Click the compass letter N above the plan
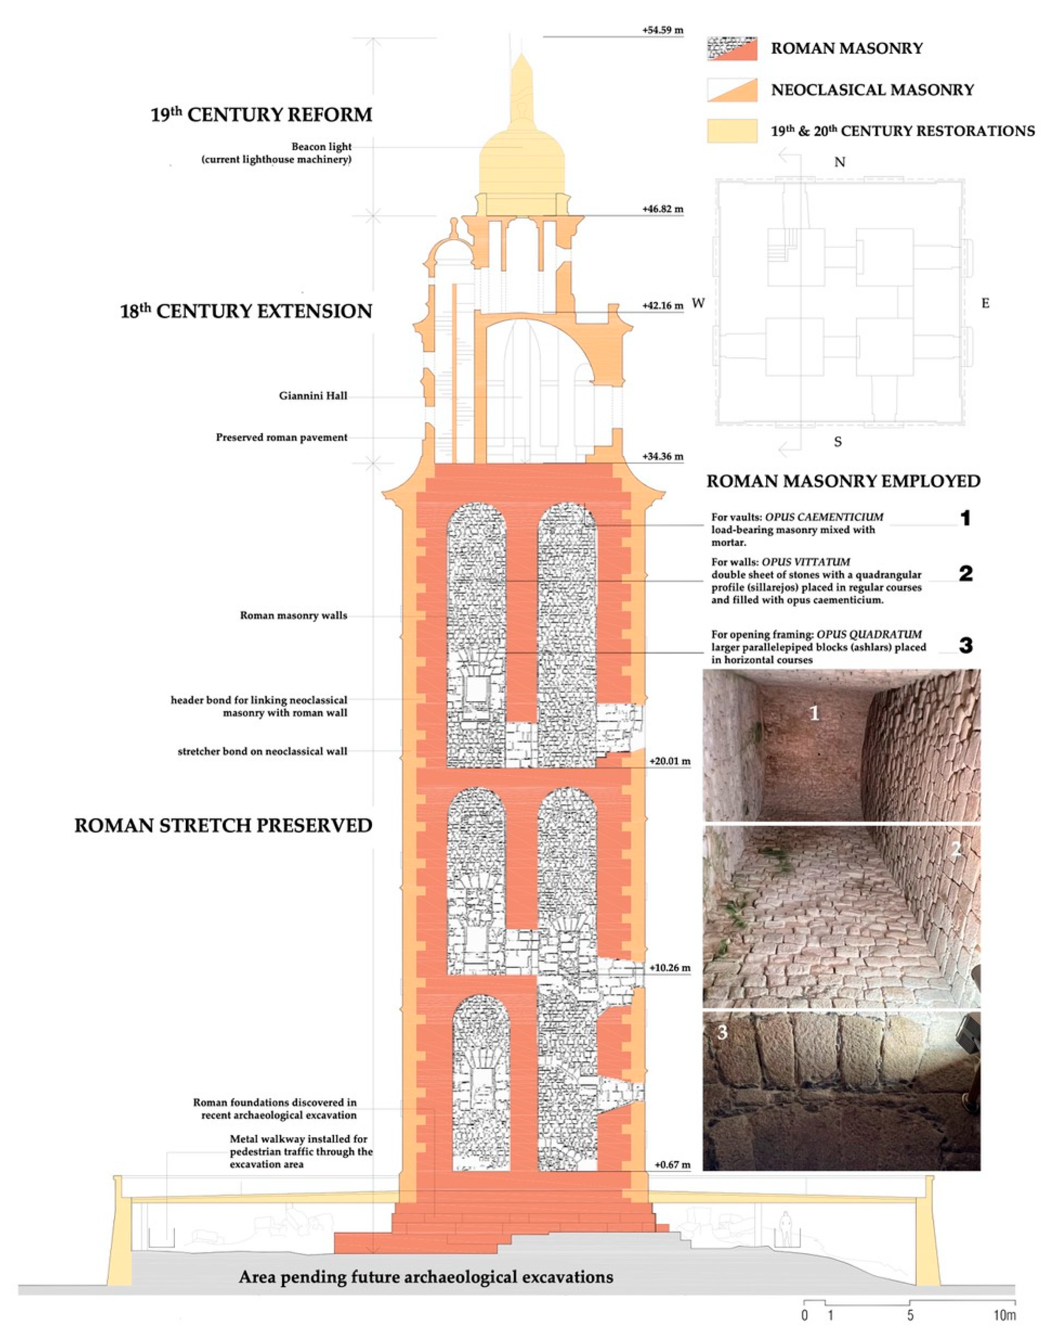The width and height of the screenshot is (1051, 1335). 839,162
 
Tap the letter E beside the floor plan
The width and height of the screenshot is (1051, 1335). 985,304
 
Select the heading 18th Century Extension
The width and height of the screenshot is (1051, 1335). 246,311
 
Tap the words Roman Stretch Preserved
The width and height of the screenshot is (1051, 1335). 223,825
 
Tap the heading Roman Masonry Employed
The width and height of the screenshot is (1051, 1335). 843,481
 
